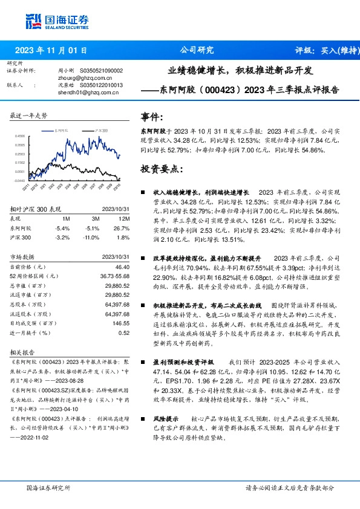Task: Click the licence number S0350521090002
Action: [x=101, y=71]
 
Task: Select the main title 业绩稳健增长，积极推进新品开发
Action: [x=240, y=70]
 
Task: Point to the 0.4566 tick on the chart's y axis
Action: [x=21, y=137]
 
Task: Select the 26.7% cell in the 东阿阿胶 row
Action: [x=122, y=228]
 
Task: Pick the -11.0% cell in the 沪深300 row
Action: [x=90, y=238]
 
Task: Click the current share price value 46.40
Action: [x=122, y=267]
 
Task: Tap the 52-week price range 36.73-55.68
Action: [x=113, y=276]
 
